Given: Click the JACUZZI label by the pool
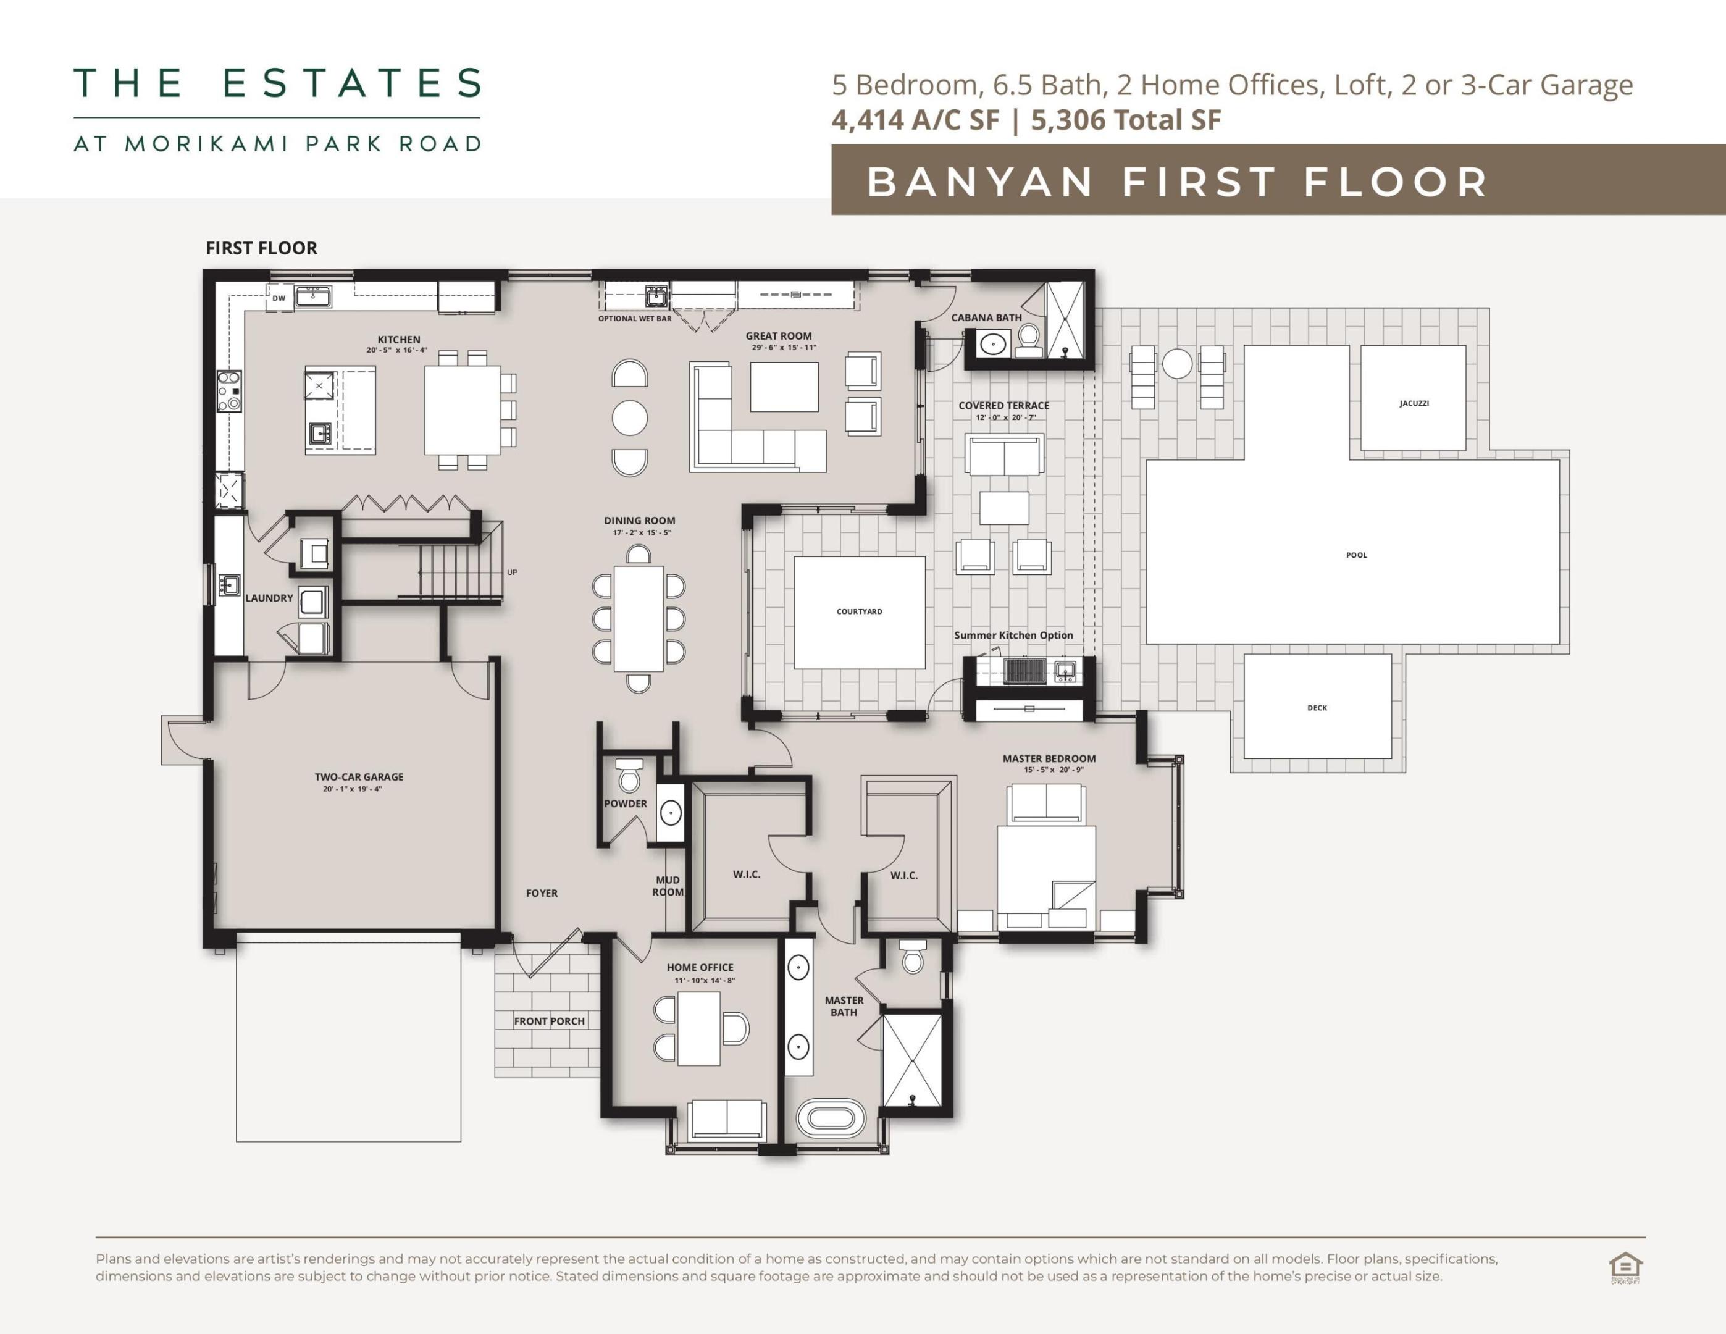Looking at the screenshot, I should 1414,403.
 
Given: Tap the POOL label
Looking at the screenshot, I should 1356,555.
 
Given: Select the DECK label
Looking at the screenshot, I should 1317,707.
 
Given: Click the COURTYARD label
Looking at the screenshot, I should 859,611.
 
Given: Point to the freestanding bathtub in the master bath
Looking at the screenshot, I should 831,1118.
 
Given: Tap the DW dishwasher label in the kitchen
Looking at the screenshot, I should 278,298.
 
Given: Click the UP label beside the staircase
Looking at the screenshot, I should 512,572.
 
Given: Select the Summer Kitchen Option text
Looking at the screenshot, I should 1013,635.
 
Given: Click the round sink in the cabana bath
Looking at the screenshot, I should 992,345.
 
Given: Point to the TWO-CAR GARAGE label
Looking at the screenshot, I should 359,777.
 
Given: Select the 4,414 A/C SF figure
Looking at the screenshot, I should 915,120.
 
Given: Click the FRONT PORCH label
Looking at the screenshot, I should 549,1021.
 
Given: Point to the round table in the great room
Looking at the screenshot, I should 630,417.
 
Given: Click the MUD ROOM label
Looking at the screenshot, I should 668,886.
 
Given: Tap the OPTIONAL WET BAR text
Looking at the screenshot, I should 635,319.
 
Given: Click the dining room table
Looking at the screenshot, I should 639,618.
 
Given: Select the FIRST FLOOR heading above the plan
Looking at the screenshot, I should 262,248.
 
